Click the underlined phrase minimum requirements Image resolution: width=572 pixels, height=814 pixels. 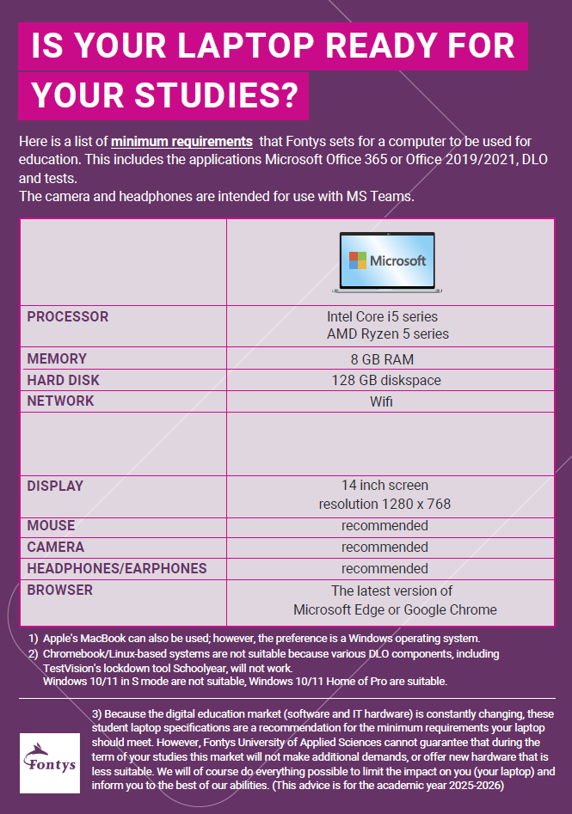click(181, 141)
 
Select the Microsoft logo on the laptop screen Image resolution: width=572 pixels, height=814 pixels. click(387, 260)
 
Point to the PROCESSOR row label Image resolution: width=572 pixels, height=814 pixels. click(68, 316)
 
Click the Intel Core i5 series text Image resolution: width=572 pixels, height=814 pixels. click(382, 316)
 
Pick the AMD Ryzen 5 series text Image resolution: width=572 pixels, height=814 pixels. click(387, 334)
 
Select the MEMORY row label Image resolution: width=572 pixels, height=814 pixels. click(57, 358)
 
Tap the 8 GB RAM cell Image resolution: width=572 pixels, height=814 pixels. click(382, 359)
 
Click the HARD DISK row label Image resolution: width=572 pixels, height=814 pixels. click(64, 380)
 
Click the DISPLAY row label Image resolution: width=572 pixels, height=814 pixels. click(55, 486)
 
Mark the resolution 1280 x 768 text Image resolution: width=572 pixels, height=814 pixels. click(384, 504)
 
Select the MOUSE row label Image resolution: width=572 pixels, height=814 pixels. click(51, 525)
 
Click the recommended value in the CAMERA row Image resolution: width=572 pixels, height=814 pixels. click(384, 547)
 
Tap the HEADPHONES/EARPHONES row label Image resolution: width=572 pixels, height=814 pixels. click(117, 568)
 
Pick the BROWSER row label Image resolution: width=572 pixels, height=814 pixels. click(59, 590)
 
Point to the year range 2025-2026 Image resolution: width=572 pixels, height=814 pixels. click(479, 786)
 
